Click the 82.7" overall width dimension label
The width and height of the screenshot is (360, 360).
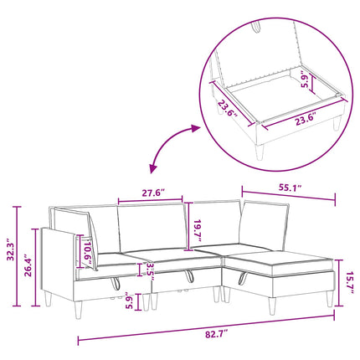[217, 334]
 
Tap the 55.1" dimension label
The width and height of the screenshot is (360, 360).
[291, 187]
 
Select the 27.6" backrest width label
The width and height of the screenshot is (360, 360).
[153, 193]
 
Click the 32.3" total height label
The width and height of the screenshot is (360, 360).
[10, 249]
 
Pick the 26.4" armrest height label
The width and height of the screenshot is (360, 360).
[28, 265]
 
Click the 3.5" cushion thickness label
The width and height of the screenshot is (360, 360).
[150, 271]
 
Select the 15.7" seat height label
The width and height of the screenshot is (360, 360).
[350, 282]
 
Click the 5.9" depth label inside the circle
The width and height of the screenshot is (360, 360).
[305, 81]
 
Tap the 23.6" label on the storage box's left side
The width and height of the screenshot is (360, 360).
[228, 110]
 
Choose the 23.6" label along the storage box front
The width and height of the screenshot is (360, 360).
[306, 121]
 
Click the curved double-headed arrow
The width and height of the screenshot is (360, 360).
[165, 142]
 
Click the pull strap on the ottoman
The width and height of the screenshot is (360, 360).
[243, 278]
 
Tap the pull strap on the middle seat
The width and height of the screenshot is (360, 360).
[189, 276]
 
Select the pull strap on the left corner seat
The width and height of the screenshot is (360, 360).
[115, 283]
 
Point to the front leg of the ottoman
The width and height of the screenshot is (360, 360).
[272, 306]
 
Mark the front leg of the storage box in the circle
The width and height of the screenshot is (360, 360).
[260, 152]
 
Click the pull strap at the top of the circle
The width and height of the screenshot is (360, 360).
[256, 26]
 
